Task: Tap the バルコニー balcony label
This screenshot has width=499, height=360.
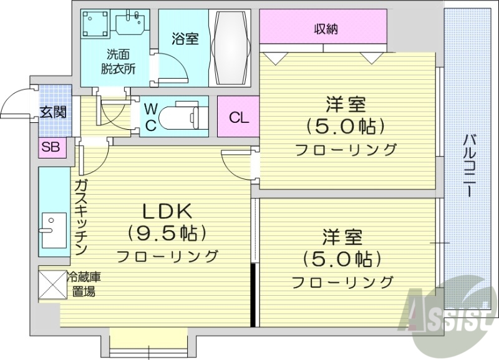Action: [x=470, y=165]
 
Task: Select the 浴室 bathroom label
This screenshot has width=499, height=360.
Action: [x=185, y=39]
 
